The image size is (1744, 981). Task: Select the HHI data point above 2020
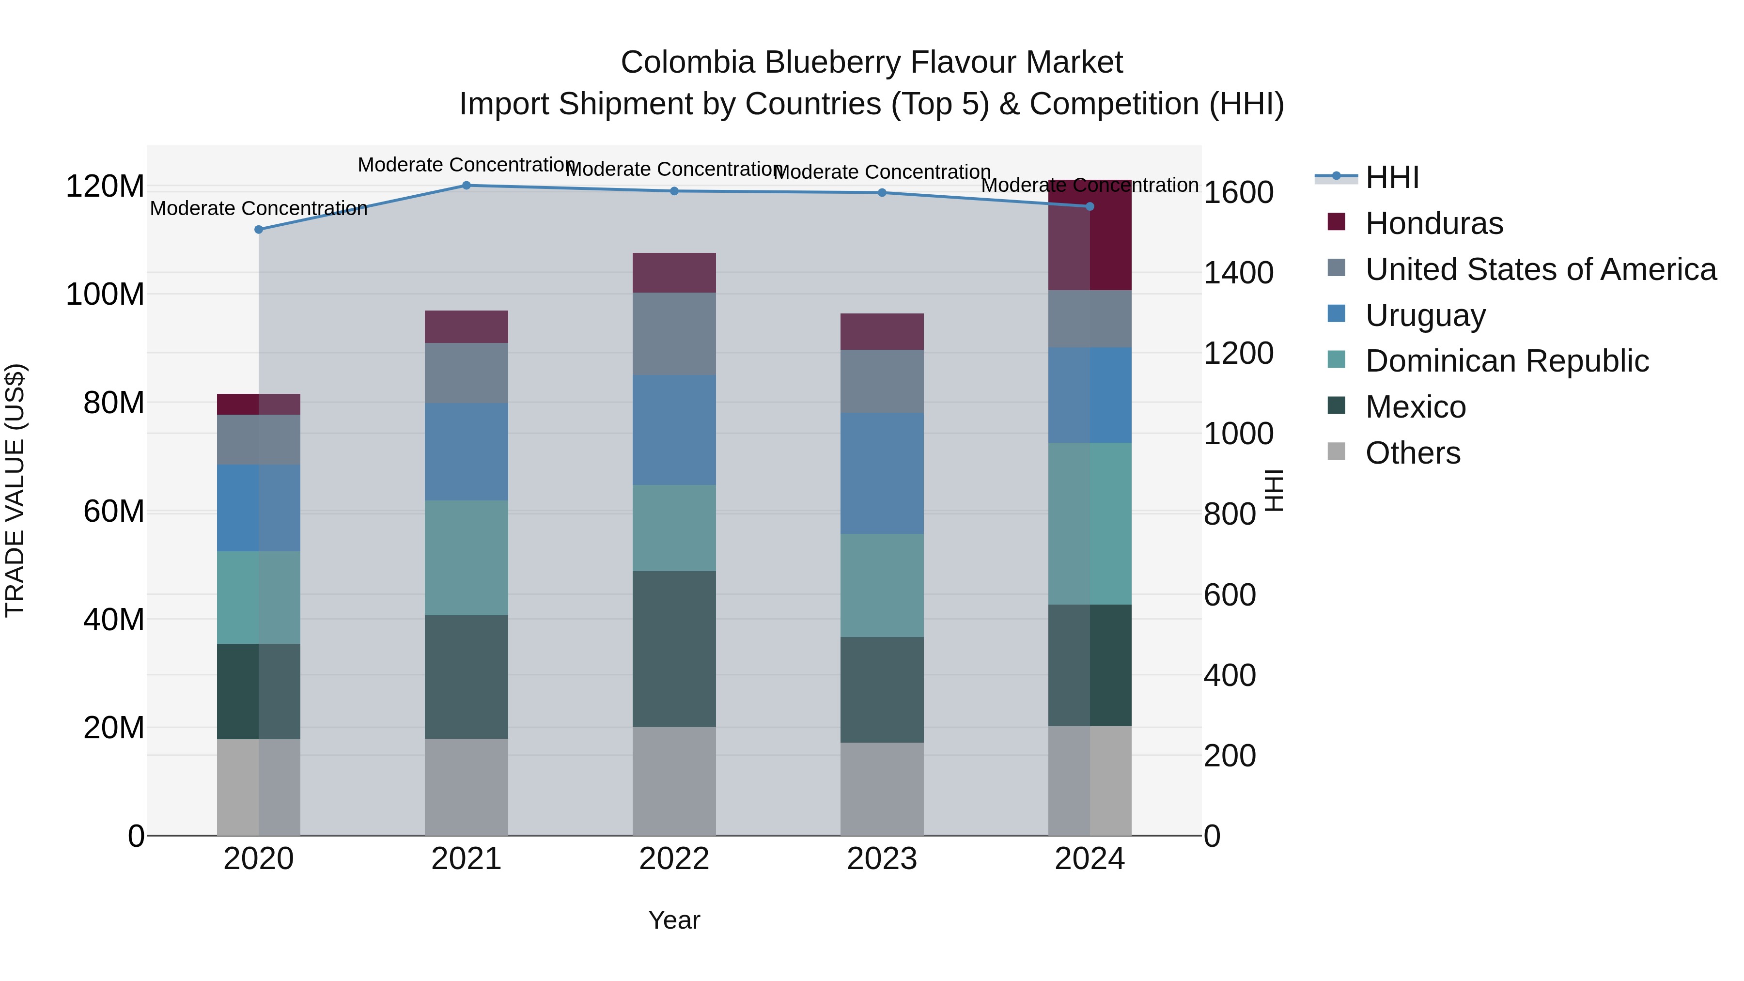coord(259,230)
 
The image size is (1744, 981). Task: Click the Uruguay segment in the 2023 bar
coord(882,473)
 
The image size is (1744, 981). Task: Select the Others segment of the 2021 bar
coord(467,787)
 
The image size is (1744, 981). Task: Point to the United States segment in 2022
coord(674,334)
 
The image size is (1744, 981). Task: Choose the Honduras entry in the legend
coord(1434,223)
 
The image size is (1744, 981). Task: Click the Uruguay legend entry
coord(1425,315)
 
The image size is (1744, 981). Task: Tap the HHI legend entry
coord(1392,177)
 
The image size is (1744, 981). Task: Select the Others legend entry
coord(1413,453)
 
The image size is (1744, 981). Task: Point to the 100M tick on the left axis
coord(105,295)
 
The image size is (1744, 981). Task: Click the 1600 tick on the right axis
coord(1238,192)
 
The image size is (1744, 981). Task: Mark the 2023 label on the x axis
coord(882,859)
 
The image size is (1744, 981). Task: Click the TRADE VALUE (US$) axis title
coord(15,490)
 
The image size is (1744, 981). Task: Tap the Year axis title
coord(674,920)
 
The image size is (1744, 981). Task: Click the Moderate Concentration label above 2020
coord(259,208)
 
